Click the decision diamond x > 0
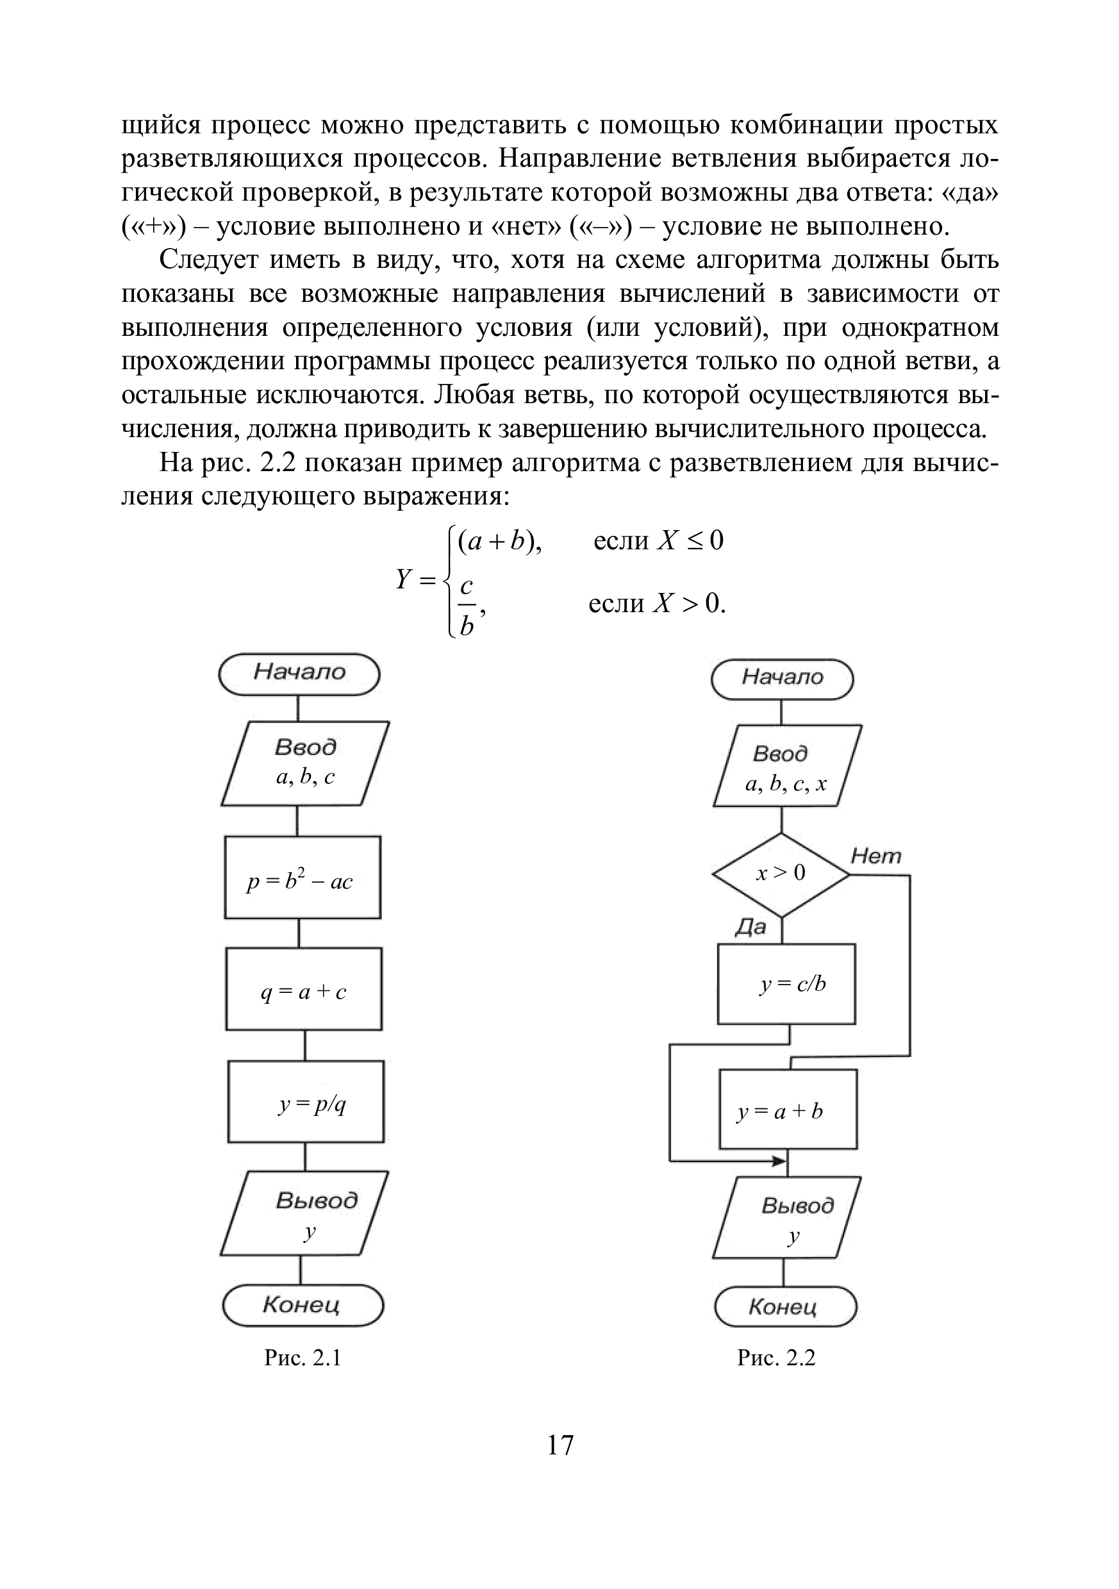point(781,874)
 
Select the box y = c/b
point(786,983)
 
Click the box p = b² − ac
point(303,878)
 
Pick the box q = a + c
point(304,988)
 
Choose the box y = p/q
point(306,1102)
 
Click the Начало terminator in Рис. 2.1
point(299,674)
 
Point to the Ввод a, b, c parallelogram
point(305,763)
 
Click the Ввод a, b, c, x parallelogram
point(787,766)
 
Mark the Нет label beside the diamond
point(875,857)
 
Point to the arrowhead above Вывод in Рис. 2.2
point(780,1161)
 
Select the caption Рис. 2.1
point(303,1358)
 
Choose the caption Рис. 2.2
point(777,1358)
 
